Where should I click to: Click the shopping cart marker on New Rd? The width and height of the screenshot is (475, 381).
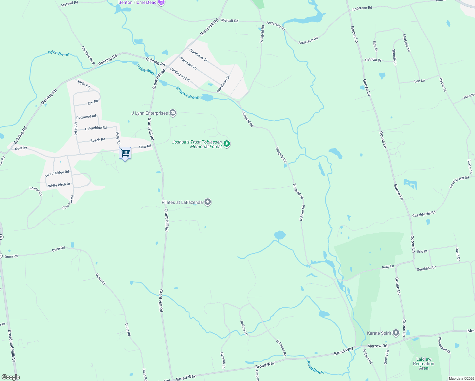point(125,153)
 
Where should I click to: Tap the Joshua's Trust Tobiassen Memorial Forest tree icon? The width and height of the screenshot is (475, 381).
point(226,144)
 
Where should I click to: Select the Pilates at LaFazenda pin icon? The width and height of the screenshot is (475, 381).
point(208,202)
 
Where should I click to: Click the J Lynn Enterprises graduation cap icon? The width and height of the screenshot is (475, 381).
point(173,113)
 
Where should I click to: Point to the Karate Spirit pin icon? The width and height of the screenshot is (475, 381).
point(396,333)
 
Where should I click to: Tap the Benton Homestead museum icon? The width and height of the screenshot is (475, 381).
point(161,3)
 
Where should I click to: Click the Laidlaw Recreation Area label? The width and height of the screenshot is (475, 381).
point(424,364)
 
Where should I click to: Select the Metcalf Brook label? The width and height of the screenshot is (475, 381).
point(188,93)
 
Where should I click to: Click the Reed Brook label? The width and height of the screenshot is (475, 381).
point(315,367)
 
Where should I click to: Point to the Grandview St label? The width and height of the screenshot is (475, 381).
point(198,55)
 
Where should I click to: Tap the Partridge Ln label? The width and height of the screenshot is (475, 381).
point(188,63)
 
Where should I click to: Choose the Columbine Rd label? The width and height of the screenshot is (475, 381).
point(96,128)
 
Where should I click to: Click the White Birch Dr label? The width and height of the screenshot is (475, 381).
point(59,185)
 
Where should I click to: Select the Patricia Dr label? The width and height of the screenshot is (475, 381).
point(373,60)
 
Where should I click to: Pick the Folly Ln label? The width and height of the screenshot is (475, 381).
point(388,267)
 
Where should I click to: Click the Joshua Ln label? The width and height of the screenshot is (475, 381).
point(244,328)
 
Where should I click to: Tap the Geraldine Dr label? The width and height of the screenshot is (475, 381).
point(426,268)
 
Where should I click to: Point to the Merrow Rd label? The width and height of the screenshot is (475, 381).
point(377,346)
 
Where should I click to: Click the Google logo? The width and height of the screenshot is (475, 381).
point(11,377)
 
